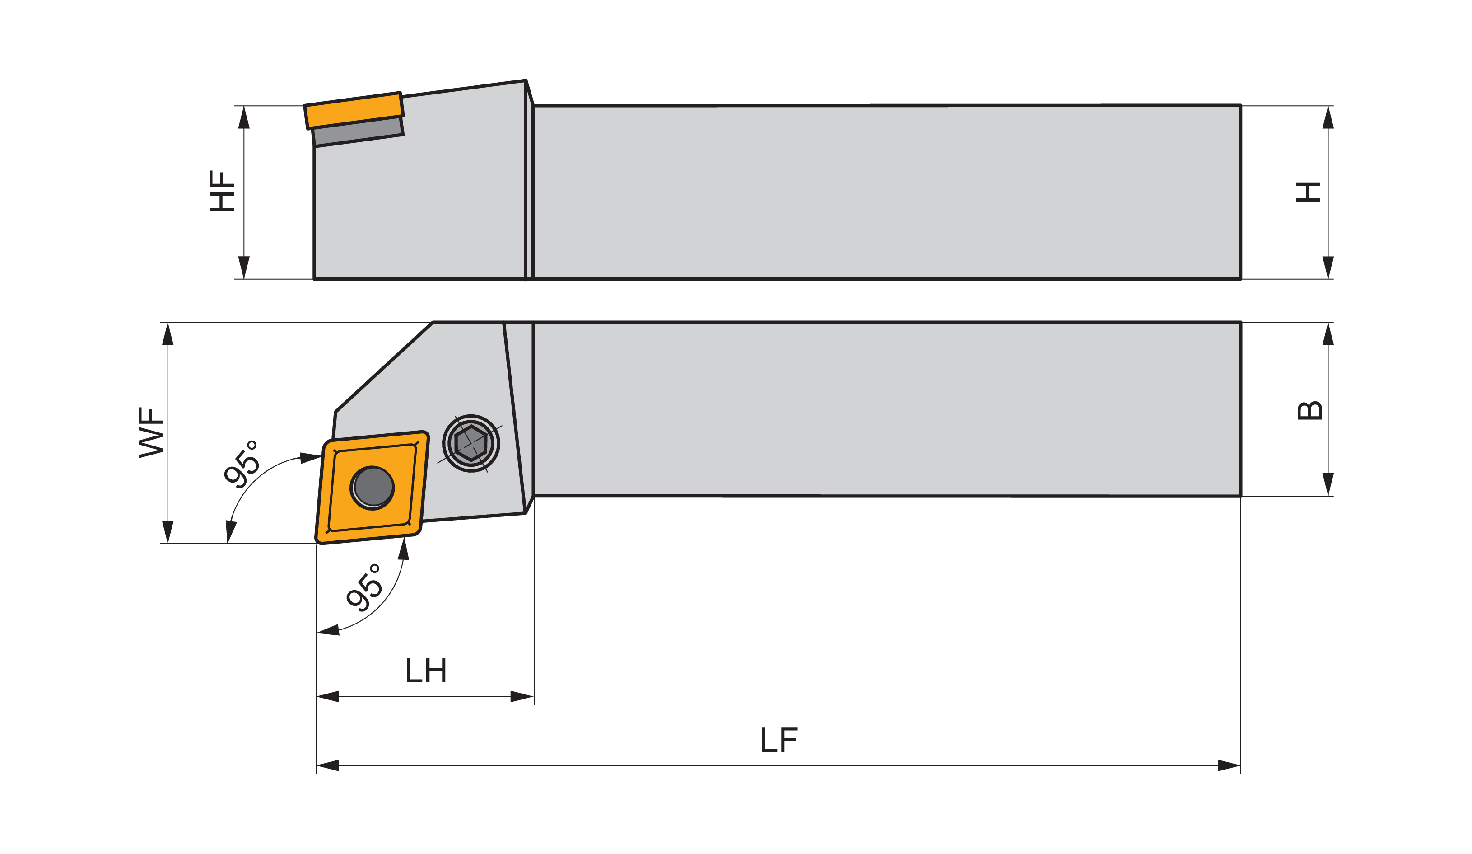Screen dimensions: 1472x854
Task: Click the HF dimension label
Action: [222, 191]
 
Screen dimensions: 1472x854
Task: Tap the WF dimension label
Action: [151, 432]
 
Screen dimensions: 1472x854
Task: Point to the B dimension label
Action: [1309, 410]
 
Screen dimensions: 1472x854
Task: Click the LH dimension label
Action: [426, 670]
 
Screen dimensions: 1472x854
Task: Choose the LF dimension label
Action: [779, 740]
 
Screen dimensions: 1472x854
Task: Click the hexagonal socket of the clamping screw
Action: [471, 444]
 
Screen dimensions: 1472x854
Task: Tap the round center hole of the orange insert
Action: [373, 488]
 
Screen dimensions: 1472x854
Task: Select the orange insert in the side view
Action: [354, 110]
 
